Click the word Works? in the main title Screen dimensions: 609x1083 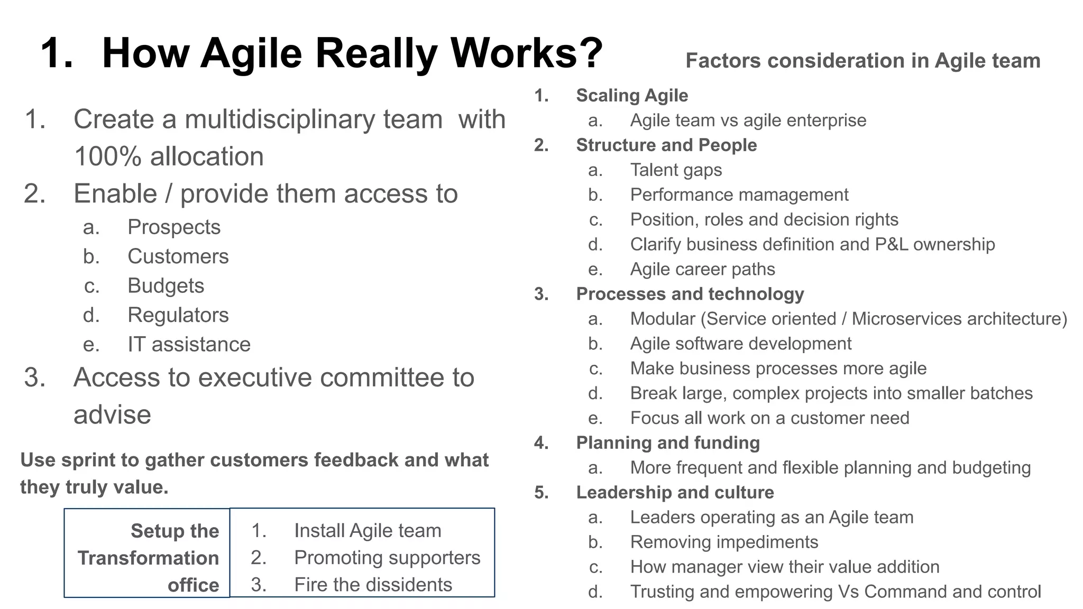coord(526,53)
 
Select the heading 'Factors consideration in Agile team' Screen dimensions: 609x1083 coord(862,61)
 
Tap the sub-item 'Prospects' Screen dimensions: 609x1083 coord(174,227)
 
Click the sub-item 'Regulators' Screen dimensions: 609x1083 coord(178,315)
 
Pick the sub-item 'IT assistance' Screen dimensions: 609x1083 coord(189,345)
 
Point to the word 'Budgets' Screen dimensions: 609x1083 coord(166,286)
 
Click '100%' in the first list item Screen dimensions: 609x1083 coord(107,157)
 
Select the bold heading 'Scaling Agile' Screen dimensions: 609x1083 coord(632,96)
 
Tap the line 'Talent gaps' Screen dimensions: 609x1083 coord(676,170)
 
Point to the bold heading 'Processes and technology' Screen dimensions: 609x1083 coord(690,294)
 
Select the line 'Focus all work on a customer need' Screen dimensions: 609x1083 coord(769,418)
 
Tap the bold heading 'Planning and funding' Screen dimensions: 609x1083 coord(668,443)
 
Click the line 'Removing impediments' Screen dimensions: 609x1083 coord(724,542)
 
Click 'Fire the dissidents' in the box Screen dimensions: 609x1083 coord(373,585)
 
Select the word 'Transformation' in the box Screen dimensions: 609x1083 coord(148,558)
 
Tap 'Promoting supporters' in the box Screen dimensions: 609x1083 coord(387,558)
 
